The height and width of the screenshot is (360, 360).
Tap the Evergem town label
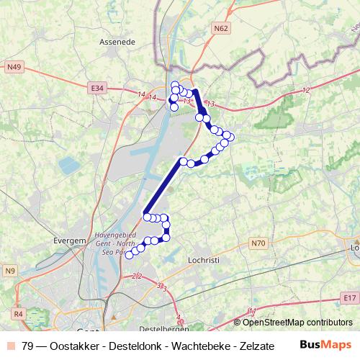click(70, 241)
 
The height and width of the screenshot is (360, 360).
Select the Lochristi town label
click(203, 258)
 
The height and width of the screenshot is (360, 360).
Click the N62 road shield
click(221, 28)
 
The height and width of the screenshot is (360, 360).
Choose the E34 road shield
click(98, 88)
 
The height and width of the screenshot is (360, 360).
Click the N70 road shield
click(258, 244)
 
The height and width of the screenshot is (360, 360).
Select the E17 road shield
click(350, 297)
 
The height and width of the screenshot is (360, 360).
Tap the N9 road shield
click(10, 271)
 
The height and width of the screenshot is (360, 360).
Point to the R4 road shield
click(18, 314)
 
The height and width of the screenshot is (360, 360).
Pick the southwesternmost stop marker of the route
click(130, 254)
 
